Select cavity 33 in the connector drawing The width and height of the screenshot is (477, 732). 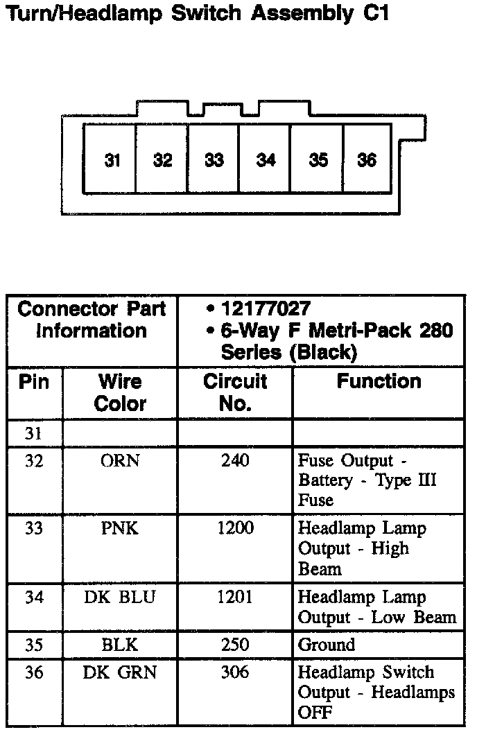tap(214, 160)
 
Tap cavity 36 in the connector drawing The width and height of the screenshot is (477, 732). tap(367, 160)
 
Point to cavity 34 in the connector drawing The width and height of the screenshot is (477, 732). tap(266, 160)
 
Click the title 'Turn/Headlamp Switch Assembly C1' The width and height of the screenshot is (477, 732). tap(196, 14)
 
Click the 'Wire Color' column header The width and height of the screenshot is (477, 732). tap(120, 392)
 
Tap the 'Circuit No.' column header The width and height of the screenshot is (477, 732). tap(235, 392)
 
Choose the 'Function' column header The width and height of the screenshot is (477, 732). tap(379, 381)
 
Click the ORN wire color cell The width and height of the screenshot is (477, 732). tap(120, 461)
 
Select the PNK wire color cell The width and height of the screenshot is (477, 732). tap(120, 529)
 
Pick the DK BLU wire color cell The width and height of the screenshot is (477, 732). tap(120, 598)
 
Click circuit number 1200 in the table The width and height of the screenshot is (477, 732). tap(235, 529)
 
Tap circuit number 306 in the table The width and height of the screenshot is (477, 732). tap(235, 672)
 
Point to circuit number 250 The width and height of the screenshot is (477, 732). tap(235, 645)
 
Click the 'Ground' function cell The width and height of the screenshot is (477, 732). tap(326, 645)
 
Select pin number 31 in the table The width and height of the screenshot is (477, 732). tap(34, 434)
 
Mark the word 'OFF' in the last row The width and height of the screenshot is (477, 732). tap(315, 713)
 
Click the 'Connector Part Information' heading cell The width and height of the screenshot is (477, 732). tap(92, 320)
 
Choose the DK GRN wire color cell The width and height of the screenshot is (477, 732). tap(120, 672)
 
